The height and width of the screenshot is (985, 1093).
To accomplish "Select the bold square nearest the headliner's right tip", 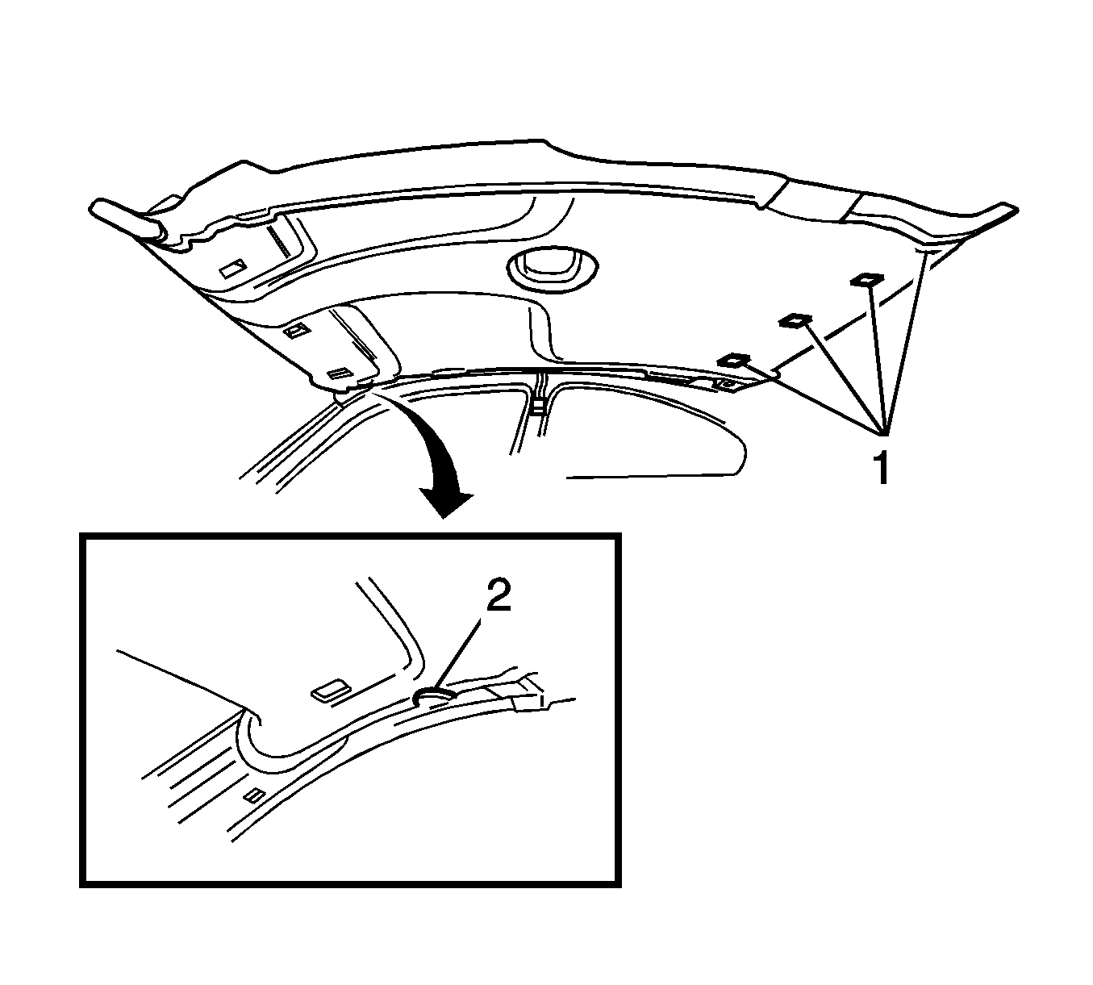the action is click(867, 279).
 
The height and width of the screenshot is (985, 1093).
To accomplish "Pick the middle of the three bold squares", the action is click(795, 320).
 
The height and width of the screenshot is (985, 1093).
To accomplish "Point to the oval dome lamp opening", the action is click(553, 267).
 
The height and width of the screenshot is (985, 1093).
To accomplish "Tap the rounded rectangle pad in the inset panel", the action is click(331, 691).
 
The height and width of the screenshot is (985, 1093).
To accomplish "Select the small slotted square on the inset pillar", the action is click(254, 796).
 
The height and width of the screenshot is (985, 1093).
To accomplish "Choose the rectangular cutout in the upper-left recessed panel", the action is click(233, 269).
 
